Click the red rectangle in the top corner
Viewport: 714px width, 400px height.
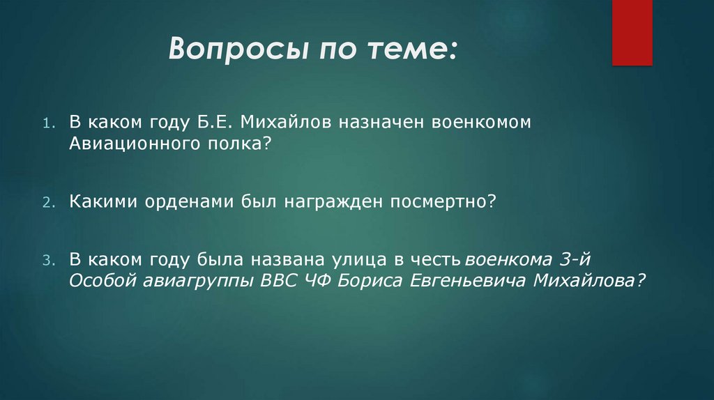[632, 32]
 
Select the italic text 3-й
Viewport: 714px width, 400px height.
[579, 260]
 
